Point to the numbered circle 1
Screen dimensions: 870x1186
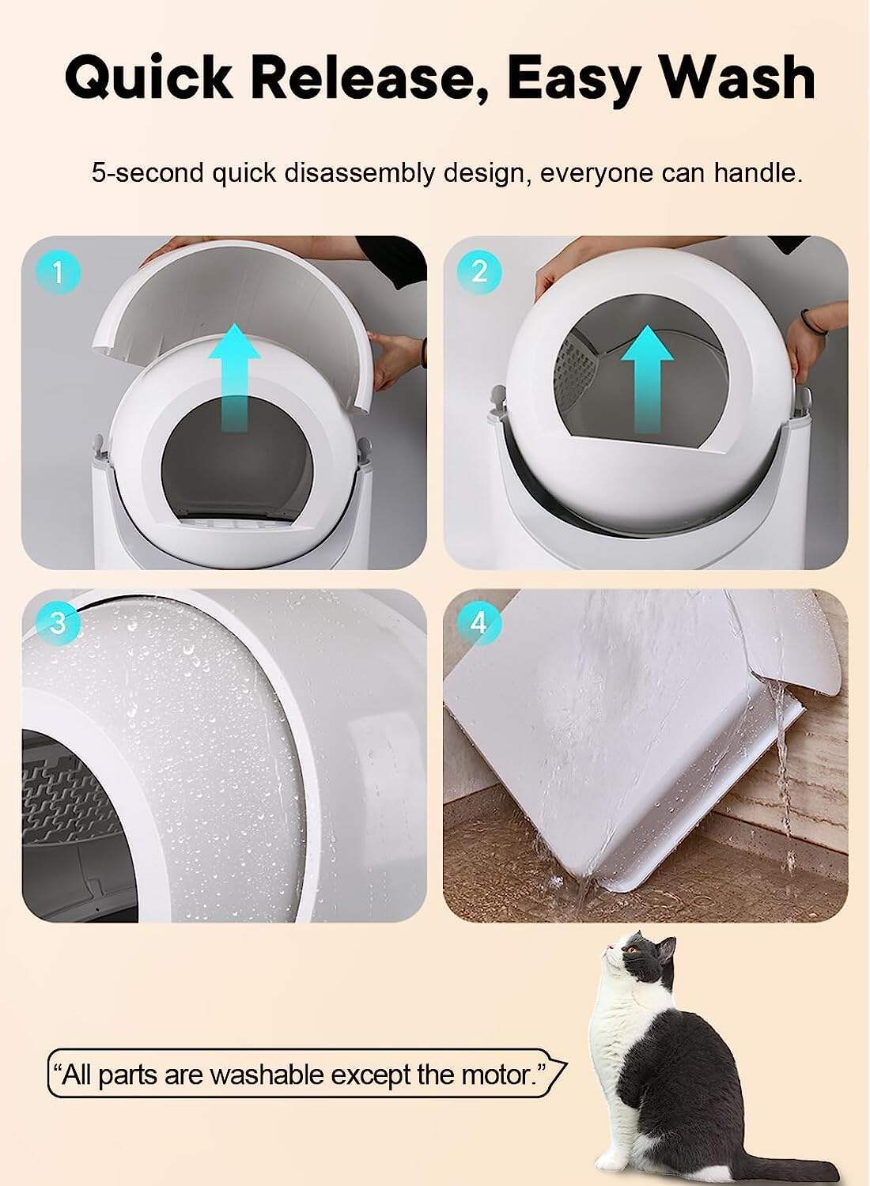point(59,274)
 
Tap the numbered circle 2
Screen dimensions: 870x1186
point(479,271)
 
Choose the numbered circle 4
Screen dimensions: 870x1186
point(478,623)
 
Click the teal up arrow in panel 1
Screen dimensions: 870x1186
point(235,378)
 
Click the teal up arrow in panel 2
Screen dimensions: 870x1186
point(647,380)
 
